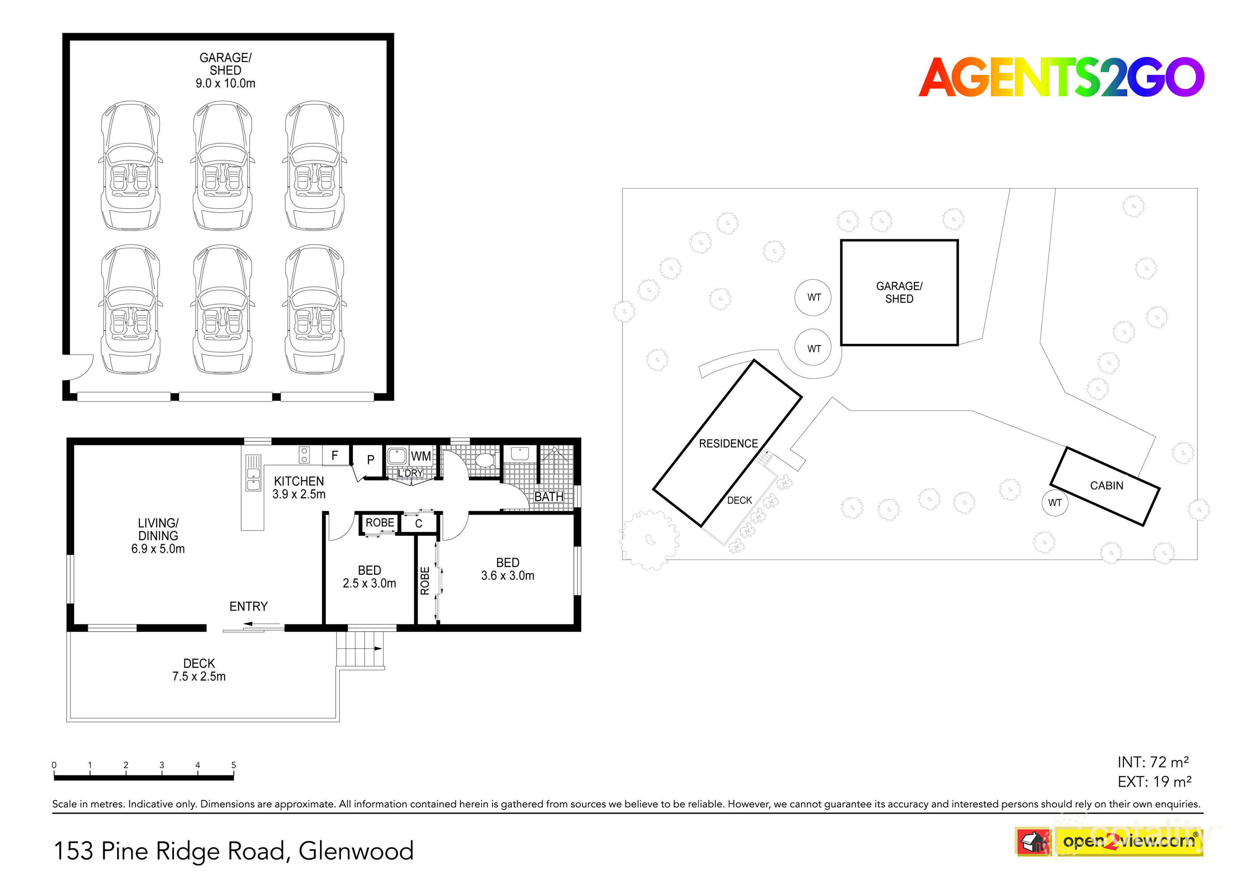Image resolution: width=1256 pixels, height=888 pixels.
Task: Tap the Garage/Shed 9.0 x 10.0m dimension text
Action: [x=226, y=84]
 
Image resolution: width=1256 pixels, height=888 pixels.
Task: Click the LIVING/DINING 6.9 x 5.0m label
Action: [x=158, y=536]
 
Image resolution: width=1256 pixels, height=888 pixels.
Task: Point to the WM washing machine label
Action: [x=421, y=457]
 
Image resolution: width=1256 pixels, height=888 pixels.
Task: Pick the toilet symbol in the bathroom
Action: [x=485, y=459]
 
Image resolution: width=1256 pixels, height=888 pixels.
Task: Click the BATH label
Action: [x=549, y=497]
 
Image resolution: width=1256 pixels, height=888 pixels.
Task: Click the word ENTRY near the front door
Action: [x=248, y=606]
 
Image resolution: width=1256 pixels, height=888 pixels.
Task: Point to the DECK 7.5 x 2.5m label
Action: [x=199, y=670]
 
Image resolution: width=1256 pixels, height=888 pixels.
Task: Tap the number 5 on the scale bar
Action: [x=234, y=765]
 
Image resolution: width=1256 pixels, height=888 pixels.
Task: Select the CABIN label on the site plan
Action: [x=1106, y=486]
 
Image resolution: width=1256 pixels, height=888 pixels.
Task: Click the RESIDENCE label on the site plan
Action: [x=728, y=444]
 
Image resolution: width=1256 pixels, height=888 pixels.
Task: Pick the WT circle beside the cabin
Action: [x=1055, y=503]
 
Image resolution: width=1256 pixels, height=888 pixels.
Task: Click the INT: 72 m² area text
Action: [x=1153, y=762]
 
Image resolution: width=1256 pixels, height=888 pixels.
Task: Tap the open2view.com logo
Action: [x=1128, y=841]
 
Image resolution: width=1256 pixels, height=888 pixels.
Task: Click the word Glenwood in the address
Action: [x=356, y=851]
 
